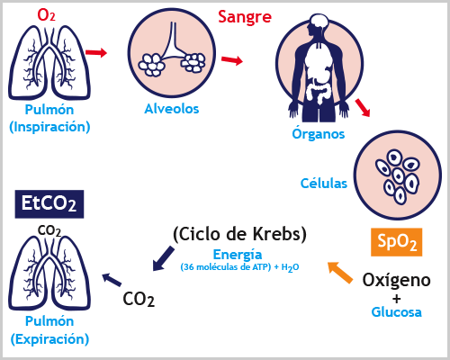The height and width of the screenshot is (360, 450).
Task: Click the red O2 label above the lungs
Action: (x=46, y=14)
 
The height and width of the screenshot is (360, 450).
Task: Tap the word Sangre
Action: (x=245, y=17)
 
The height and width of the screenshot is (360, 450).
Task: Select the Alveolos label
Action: (x=172, y=109)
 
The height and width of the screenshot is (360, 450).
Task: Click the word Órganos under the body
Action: (x=319, y=133)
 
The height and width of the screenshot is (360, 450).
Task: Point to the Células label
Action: (x=324, y=183)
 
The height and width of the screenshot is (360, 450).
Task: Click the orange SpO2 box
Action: (x=397, y=242)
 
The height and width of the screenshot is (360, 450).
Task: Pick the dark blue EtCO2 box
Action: (x=49, y=204)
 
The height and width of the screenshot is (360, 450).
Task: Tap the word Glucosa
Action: (x=396, y=312)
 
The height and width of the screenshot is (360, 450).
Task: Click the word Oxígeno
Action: (x=396, y=280)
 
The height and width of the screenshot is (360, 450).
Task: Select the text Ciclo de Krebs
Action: (x=240, y=234)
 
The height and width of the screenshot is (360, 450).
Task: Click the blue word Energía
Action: (x=238, y=255)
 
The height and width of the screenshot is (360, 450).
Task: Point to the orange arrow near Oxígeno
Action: (x=340, y=273)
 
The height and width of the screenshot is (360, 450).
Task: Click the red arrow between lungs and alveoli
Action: (x=96, y=52)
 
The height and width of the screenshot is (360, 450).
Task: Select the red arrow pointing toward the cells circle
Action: (x=363, y=107)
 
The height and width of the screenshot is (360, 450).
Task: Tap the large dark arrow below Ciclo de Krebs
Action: (x=163, y=258)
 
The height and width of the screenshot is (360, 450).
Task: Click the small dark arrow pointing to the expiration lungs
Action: (x=112, y=279)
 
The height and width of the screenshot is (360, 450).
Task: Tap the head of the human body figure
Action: (x=318, y=24)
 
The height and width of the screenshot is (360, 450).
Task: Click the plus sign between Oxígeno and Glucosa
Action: (x=397, y=299)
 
